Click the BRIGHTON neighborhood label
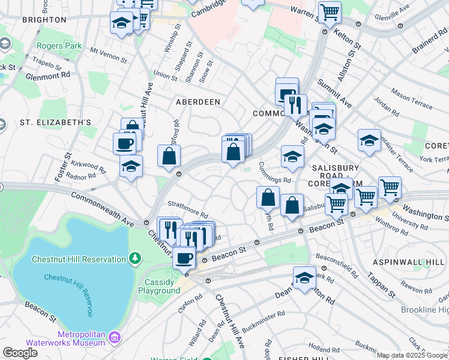[44, 20]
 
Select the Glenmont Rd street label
[48, 76]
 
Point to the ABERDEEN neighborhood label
[197, 103]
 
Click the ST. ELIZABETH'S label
[55, 122]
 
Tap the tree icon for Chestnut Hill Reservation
[136, 258]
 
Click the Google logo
[19, 353]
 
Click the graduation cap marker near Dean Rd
[305, 278]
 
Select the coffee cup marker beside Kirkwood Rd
[125, 143]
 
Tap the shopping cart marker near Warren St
[329, 11]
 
